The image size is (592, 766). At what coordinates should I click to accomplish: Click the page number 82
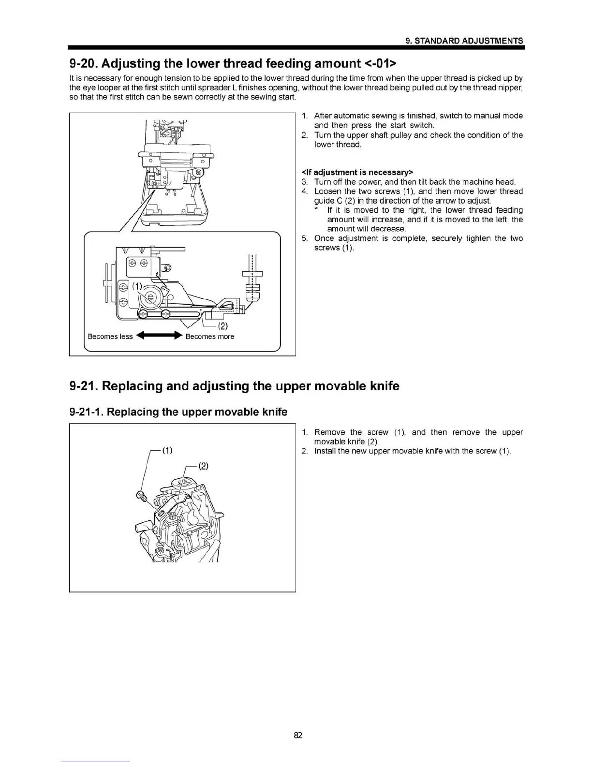pyautogui.click(x=297, y=736)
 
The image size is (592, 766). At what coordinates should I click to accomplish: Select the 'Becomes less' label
pyautogui.click(x=110, y=337)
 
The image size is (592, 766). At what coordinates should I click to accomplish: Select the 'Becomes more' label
pyautogui.click(x=210, y=337)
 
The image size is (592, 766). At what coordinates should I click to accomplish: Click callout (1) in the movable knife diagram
pyautogui.click(x=166, y=450)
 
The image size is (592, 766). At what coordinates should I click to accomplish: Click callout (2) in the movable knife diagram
pyautogui.click(x=203, y=466)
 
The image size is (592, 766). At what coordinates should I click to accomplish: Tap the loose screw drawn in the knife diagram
pyautogui.click(x=140, y=495)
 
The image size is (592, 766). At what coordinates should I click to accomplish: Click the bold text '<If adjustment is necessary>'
pyautogui.click(x=357, y=173)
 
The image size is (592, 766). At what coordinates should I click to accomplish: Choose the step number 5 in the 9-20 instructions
pyautogui.click(x=304, y=238)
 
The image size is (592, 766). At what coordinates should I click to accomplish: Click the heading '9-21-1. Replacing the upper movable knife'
pyautogui.click(x=178, y=412)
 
